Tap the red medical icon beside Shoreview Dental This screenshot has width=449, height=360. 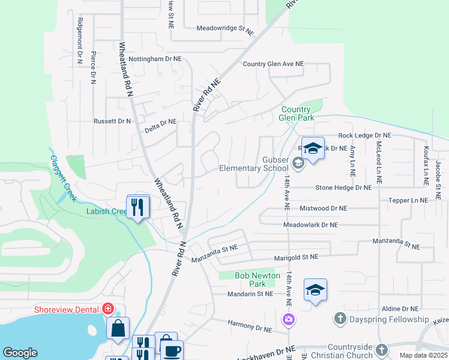[x=108, y=309]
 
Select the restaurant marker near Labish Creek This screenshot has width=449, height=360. [x=138, y=208]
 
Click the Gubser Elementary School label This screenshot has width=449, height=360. [x=253, y=164]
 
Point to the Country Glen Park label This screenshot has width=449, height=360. [x=297, y=114]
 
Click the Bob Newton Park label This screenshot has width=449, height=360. [x=258, y=280]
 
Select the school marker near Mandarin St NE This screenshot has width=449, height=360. [x=315, y=291]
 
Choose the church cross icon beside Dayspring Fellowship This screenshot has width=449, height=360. [x=340, y=319]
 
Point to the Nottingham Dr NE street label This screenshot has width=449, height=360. [x=155, y=59]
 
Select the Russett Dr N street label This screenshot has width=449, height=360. [x=112, y=121]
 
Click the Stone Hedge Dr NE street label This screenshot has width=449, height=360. [x=338, y=187]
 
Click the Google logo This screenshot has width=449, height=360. [x=20, y=353]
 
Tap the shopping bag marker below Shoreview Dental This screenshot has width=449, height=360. [x=118, y=328]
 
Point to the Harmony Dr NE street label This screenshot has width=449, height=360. [x=250, y=326]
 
